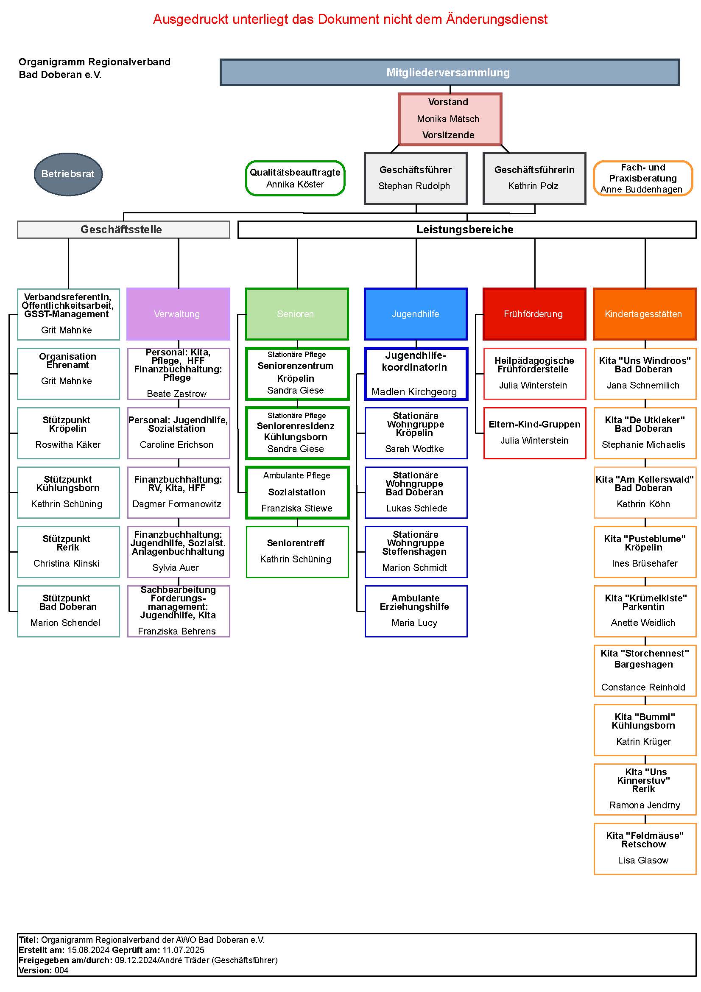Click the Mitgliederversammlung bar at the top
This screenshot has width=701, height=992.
click(449, 73)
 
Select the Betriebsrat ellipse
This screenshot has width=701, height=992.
click(68, 174)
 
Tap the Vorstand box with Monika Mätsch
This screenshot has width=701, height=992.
click(450, 119)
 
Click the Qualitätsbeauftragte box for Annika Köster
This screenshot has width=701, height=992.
click(296, 179)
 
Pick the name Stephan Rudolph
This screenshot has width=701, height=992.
click(414, 186)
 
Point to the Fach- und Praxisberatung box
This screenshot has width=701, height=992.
click(643, 179)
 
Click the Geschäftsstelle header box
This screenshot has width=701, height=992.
click(123, 229)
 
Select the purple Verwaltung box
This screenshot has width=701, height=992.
click(178, 314)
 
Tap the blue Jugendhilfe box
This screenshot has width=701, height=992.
click(416, 314)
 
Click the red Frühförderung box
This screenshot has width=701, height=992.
click(534, 314)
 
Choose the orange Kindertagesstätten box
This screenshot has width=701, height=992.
click(645, 314)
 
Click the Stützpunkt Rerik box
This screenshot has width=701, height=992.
click(68, 552)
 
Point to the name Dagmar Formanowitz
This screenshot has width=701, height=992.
click(177, 504)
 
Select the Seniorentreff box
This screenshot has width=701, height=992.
click(297, 552)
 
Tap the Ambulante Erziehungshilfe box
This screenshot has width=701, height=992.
click(416, 611)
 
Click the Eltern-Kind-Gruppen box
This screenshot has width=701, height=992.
click(534, 433)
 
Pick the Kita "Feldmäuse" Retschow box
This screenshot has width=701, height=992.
click(645, 849)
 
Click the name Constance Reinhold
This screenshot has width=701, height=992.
click(643, 687)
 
